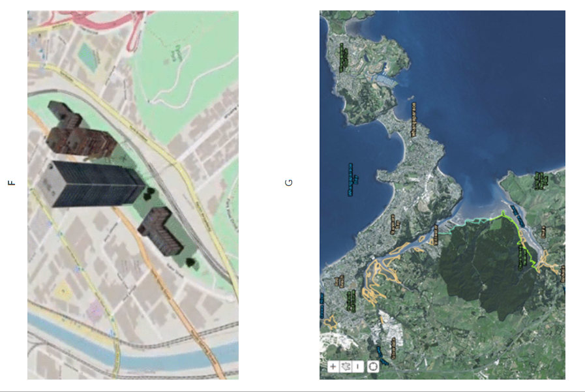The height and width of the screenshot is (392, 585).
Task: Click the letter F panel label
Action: pyautogui.click(x=11, y=183)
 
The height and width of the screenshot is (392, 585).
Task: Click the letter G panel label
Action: pyautogui.click(x=290, y=183)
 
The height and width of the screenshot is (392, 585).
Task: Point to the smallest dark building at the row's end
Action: pyautogui.click(x=63, y=113)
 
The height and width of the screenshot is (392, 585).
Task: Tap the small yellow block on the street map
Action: pyautogui.click(x=64, y=290)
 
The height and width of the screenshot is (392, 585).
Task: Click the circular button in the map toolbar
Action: pyautogui.click(x=372, y=367)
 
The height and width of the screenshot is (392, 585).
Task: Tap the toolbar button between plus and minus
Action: pyautogui.click(x=346, y=367)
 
